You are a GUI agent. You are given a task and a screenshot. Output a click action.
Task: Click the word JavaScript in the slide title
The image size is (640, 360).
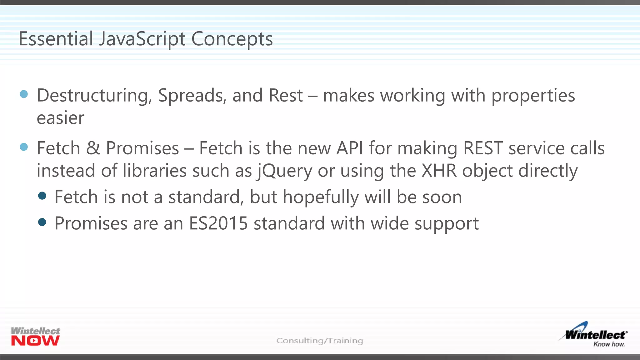click(142, 39)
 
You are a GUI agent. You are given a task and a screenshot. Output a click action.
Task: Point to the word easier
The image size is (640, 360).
click(60, 118)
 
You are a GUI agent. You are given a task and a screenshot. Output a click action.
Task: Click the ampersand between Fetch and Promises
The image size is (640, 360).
click(93, 148)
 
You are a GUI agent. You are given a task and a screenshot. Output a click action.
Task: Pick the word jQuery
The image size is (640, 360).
click(284, 171)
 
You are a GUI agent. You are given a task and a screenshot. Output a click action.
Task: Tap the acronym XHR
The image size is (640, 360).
click(439, 171)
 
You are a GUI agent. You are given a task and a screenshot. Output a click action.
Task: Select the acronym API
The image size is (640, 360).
click(350, 148)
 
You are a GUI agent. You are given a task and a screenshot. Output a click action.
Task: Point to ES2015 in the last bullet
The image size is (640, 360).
click(218, 223)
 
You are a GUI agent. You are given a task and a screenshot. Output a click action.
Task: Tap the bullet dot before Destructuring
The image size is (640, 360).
click(24, 94)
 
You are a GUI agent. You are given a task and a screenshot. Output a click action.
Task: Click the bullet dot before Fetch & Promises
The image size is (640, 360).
click(24, 147)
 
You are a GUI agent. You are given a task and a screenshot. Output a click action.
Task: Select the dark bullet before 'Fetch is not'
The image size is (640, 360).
click(42, 196)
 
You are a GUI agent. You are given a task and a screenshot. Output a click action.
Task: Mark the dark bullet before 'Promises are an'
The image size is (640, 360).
click(42, 222)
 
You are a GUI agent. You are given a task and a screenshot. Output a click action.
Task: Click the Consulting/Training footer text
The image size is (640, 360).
click(320, 341)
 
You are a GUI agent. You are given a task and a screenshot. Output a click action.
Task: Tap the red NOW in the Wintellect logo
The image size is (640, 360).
click(35, 341)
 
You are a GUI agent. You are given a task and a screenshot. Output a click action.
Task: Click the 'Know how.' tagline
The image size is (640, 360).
click(609, 344)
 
